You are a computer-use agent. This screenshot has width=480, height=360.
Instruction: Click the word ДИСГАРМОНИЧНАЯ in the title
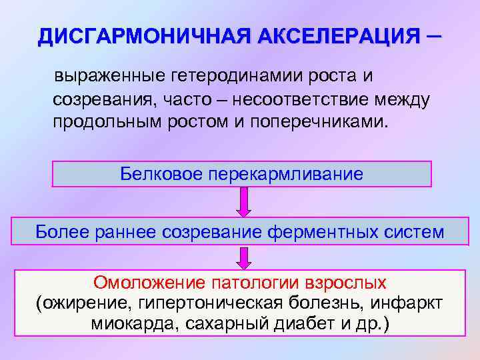point(127,35)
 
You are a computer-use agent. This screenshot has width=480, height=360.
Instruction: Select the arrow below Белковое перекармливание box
point(244,201)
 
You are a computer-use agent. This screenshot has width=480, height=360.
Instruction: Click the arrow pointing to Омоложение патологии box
point(244,258)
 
